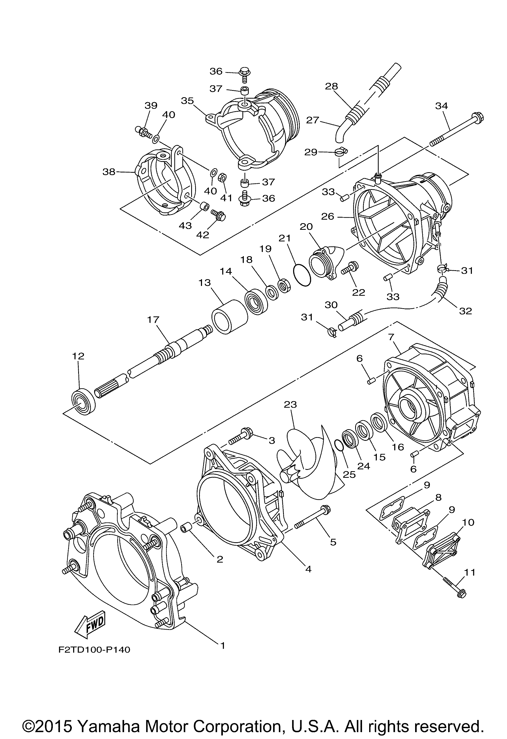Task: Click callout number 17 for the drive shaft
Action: click(x=153, y=319)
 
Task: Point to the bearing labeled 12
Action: click(x=83, y=402)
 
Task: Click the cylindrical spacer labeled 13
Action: click(x=229, y=316)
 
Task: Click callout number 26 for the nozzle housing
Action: click(x=328, y=216)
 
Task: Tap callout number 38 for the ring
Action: click(x=109, y=172)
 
